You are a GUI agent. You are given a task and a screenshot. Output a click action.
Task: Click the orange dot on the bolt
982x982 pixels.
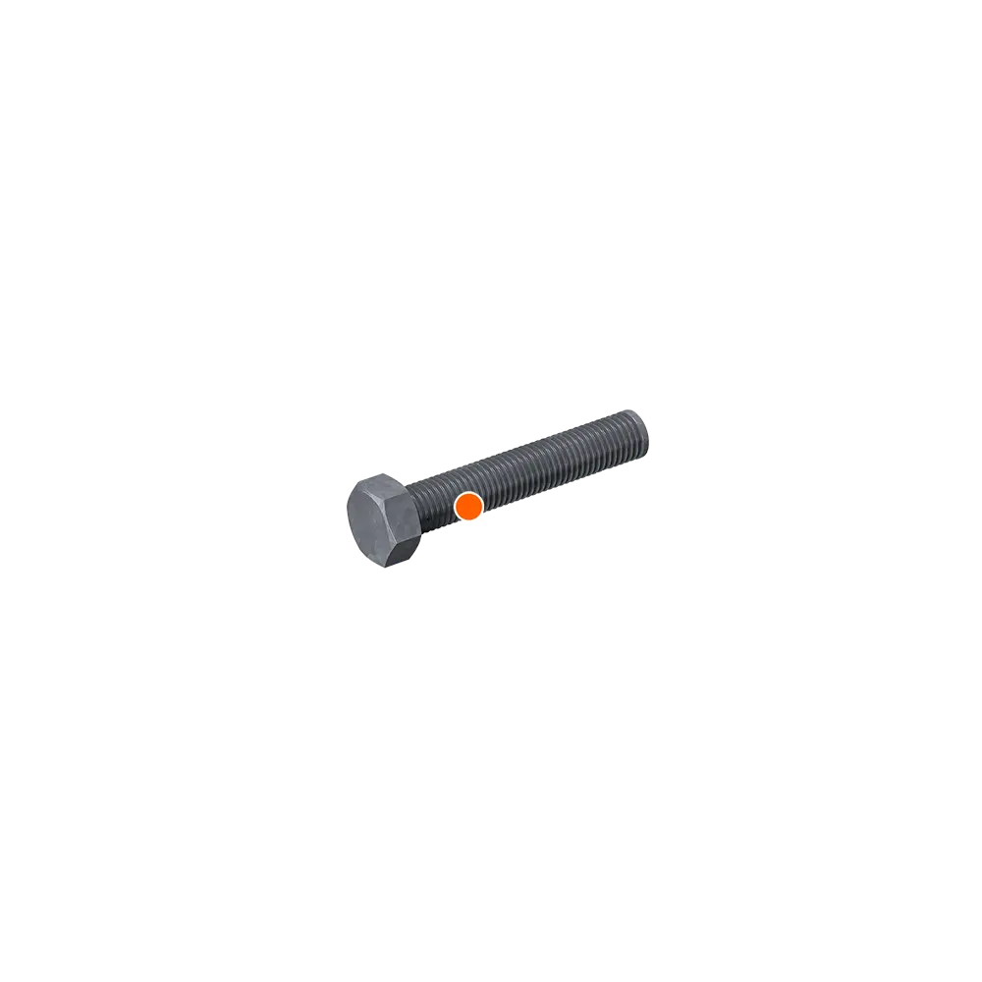(x=468, y=506)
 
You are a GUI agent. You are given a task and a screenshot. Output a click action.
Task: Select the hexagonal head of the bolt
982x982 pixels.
(x=384, y=520)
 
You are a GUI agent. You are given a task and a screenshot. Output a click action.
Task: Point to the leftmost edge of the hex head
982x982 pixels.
(x=348, y=516)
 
